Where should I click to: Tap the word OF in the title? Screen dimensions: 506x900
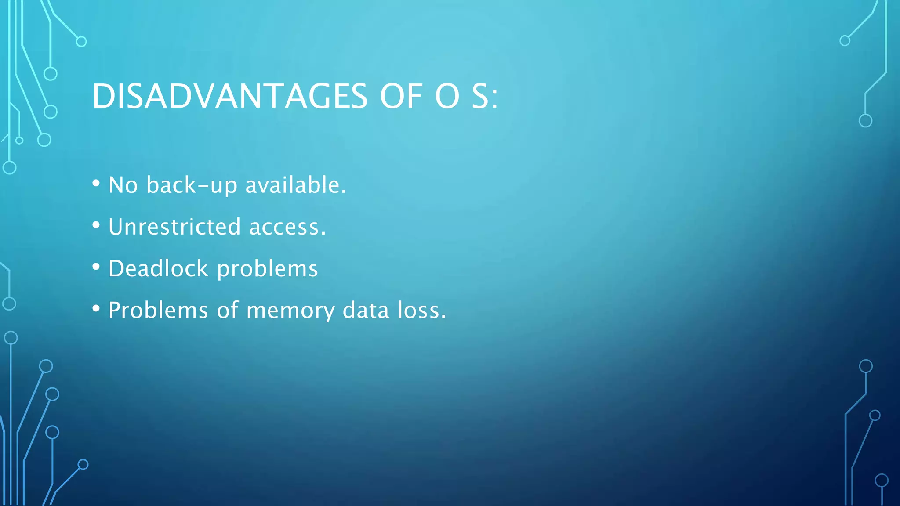[401, 96]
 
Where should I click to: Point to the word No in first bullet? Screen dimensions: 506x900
[123, 185]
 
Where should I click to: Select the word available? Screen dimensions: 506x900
[295, 185]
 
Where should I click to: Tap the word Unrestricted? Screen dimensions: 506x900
[174, 227]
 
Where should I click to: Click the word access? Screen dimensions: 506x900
[287, 228]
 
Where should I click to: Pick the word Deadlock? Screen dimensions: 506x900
[158, 268]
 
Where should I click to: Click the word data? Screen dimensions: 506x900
[366, 310]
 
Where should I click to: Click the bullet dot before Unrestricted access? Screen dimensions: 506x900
[96, 225]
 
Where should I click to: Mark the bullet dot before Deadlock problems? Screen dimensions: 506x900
[96, 267]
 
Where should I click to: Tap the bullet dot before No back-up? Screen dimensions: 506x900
[96, 184]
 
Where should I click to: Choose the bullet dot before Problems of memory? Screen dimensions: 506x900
[96, 309]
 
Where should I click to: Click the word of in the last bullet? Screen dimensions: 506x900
[228, 310]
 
